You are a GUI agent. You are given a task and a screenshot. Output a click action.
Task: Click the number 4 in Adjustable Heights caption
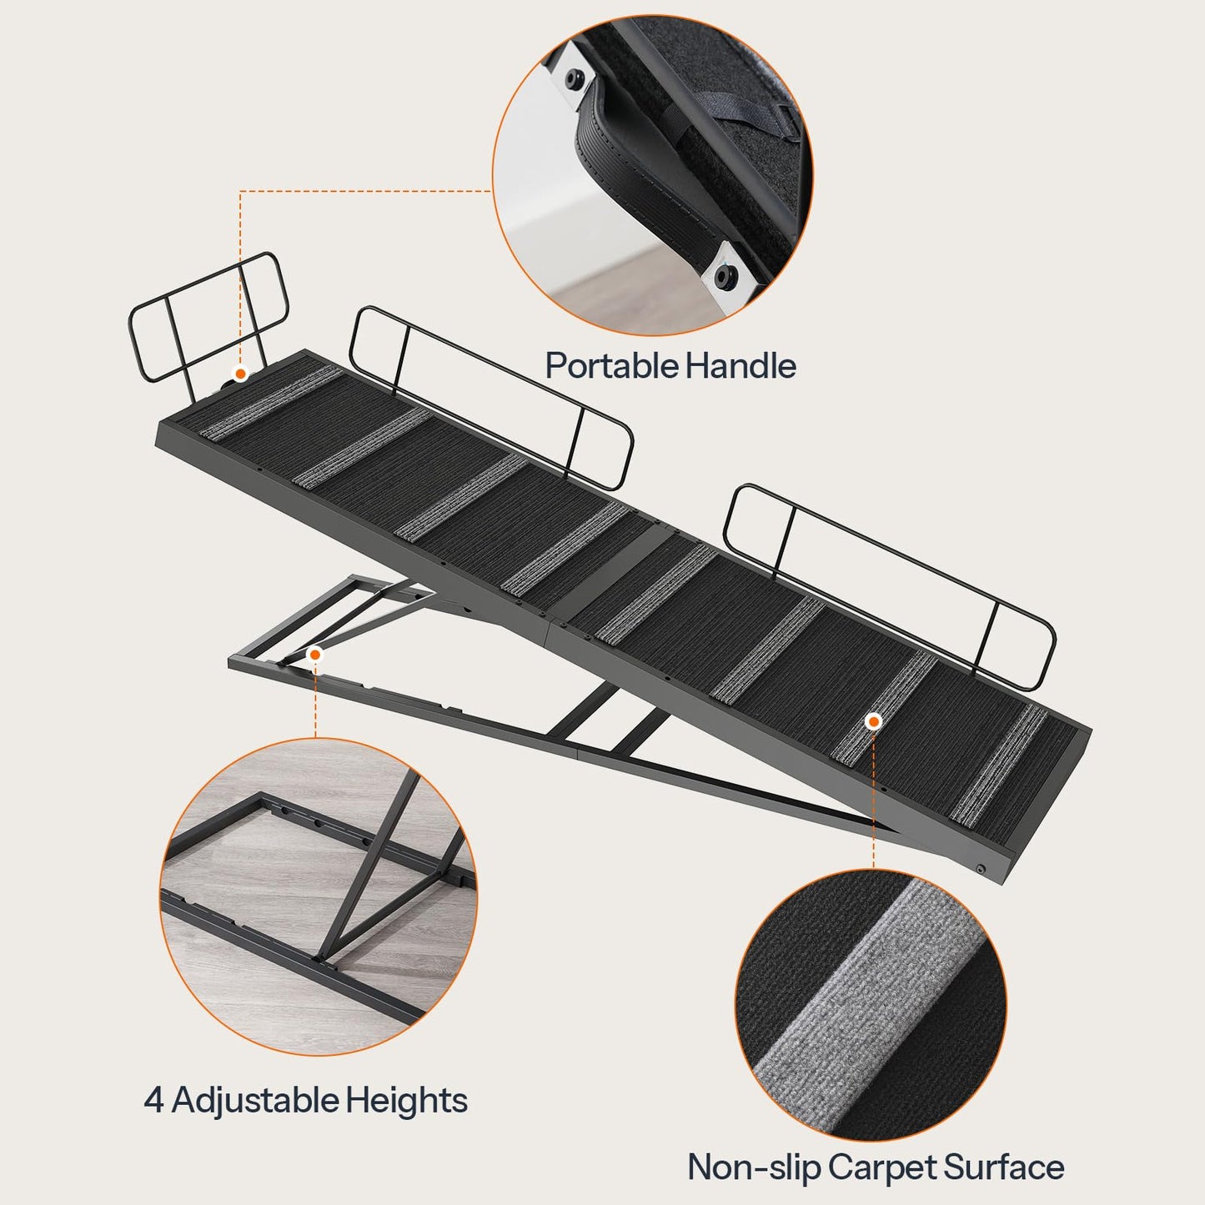tap(153, 1100)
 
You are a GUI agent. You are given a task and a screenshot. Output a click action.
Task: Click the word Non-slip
tap(753, 1167)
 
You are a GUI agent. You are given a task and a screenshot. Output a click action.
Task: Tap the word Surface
tap(1004, 1167)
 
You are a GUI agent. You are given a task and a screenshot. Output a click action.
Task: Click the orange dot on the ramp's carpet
tap(873, 721)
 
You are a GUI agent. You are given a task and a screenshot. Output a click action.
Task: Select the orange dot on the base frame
tap(314, 655)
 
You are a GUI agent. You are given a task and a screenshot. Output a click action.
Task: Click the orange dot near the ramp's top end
tap(240, 374)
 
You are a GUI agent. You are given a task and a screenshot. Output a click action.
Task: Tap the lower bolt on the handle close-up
tap(725, 276)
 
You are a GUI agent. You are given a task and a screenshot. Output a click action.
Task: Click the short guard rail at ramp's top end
tap(208, 317)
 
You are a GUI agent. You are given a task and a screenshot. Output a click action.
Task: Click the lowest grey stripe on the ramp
tap(999, 763)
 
